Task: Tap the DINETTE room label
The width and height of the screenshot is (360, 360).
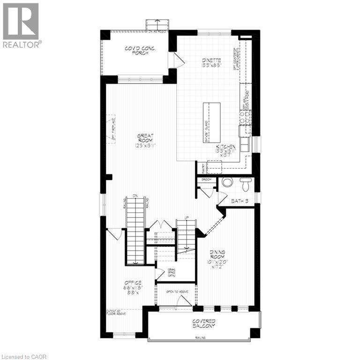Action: coord(211,63)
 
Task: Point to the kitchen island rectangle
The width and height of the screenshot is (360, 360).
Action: coord(211,123)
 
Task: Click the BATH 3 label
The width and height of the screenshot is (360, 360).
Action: coord(239,201)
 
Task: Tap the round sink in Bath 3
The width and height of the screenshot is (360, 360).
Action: coord(227,182)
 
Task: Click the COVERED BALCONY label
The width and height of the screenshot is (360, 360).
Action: coord(203,323)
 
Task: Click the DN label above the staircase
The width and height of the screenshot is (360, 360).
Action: coord(135,195)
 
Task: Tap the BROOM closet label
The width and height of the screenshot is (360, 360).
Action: coord(206,180)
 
